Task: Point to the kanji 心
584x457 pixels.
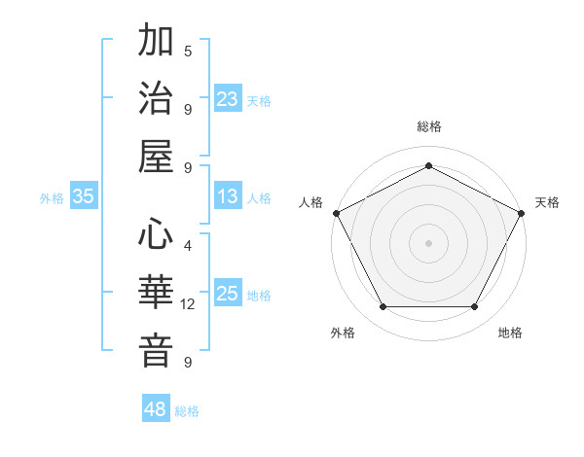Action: tap(156, 236)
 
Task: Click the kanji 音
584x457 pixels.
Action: tap(156, 351)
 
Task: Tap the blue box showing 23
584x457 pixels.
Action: tap(228, 99)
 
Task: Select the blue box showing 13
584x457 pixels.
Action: tap(228, 196)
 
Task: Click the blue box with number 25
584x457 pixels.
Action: tap(228, 294)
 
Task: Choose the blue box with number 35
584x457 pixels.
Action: tap(84, 196)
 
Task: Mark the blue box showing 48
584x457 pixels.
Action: tap(156, 409)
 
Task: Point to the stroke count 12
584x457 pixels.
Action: tap(188, 304)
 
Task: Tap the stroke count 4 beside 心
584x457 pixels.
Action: tap(188, 246)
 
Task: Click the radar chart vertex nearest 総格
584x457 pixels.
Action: tap(428, 164)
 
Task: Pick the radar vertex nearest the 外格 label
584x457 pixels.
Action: tap(383, 307)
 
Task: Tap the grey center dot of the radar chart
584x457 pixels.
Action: tap(428, 242)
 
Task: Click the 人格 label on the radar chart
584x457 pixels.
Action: tap(311, 202)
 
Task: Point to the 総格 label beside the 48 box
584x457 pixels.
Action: tap(187, 411)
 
